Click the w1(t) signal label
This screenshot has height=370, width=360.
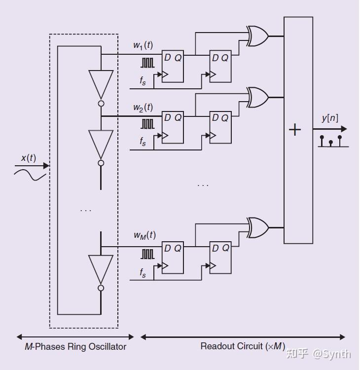(x=143, y=45)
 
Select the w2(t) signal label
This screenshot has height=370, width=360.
(x=143, y=108)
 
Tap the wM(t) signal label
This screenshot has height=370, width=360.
(x=144, y=235)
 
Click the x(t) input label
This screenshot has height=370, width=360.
(x=28, y=158)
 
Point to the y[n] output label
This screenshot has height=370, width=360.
(x=330, y=118)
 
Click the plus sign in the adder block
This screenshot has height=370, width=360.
(x=294, y=130)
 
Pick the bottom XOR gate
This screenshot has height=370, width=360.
(x=257, y=227)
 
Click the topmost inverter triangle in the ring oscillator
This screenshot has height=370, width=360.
(x=101, y=84)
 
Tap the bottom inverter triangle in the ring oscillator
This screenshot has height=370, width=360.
(x=101, y=269)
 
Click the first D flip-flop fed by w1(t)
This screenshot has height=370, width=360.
(x=173, y=67)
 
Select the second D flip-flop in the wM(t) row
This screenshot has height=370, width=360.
(x=220, y=258)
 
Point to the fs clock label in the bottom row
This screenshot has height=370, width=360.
(x=143, y=272)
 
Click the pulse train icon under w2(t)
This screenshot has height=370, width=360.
(x=147, y=123)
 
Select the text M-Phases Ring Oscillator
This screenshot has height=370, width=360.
(x=75, y=346)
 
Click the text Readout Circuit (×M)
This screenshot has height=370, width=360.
(x=242, y=346)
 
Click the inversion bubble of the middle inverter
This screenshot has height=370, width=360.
(x=101, y=163)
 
